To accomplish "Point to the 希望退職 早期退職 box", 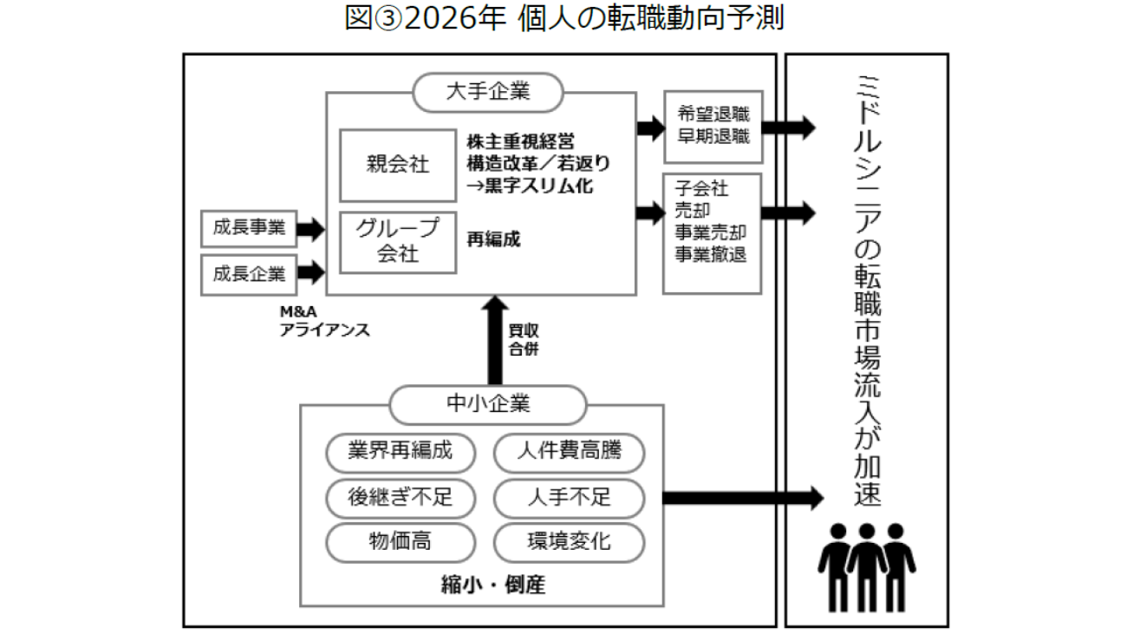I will [712, 126].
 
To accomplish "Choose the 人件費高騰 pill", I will [569, 452].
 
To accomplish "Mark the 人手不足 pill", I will [569, 498].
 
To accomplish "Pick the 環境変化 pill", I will [569, 543].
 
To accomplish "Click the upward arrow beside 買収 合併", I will [493, 338].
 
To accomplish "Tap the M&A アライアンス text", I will [324, 321].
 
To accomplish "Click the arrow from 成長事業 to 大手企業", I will [309, 229].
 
